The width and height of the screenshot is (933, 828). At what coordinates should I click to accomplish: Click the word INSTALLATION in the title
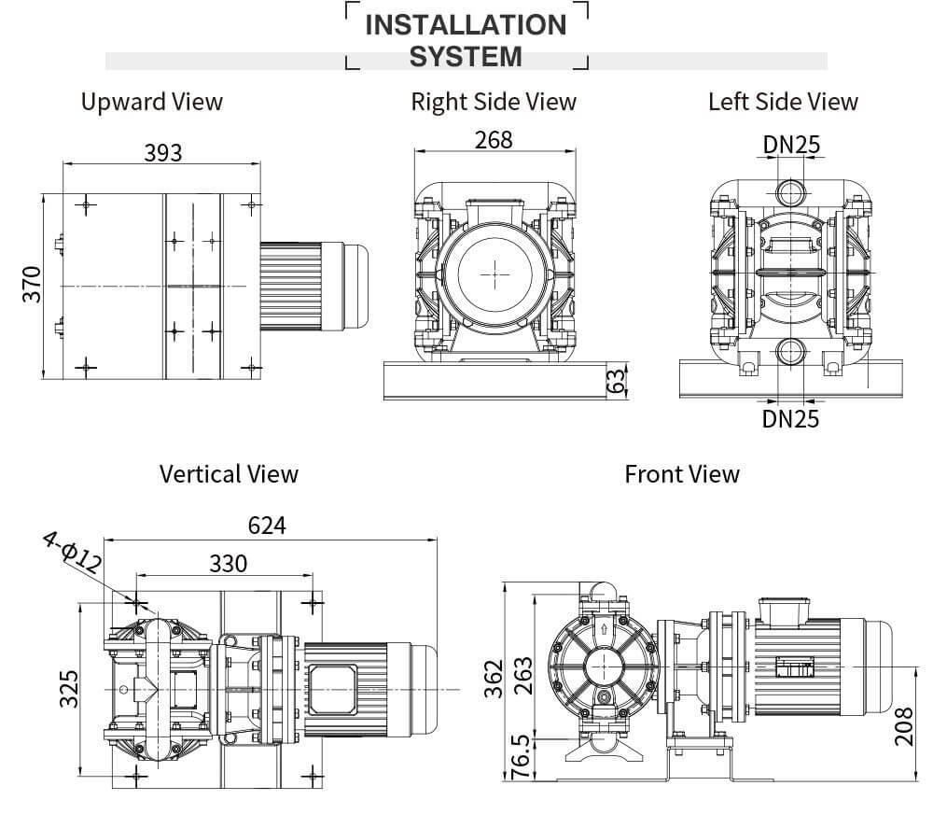[x=466, y=25]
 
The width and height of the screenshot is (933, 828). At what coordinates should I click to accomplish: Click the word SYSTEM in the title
[x=466, y=57]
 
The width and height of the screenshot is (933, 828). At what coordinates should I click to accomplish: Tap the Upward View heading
[x=152, y=102]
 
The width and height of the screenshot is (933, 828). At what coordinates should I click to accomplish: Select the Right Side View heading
[x=494, y=102]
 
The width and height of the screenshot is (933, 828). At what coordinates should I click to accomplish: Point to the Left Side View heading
[x=783, y=102]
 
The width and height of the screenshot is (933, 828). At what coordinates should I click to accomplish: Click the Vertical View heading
[x=229, y=474]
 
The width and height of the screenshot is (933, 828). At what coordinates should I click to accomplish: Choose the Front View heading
[x=681, y=474]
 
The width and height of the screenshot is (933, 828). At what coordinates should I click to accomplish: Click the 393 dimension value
[x=162, y=152]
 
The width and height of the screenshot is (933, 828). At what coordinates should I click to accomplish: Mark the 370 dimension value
[x=32, y=285]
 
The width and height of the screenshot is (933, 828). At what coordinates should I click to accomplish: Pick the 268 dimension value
[x=494, y=139]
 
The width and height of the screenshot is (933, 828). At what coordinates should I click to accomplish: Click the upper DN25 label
[x=791, y=144]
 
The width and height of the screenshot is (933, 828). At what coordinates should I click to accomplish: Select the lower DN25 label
[x=790, y=419]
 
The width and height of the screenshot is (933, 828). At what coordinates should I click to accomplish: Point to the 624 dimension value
[x=267, y=526]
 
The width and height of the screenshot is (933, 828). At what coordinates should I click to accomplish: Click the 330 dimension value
[x=228, y=564]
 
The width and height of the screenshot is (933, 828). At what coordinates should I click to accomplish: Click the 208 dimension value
[x=903, y=725]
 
